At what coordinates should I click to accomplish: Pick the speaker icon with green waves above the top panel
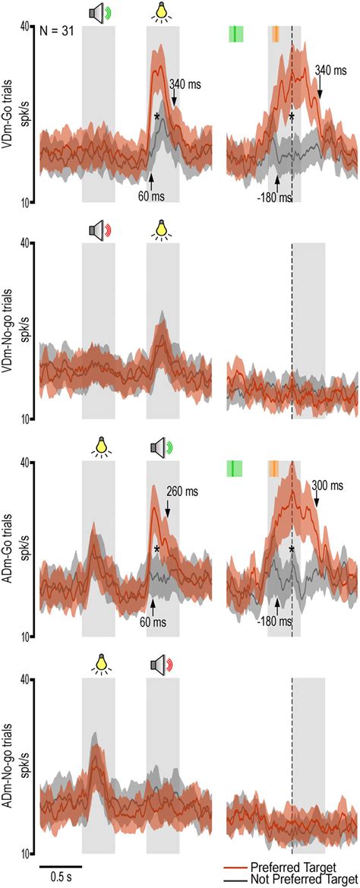99,12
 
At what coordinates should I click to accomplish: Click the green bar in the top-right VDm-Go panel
235,33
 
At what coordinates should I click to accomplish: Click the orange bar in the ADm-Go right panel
273,469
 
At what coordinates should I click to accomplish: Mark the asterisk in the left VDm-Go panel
156,117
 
